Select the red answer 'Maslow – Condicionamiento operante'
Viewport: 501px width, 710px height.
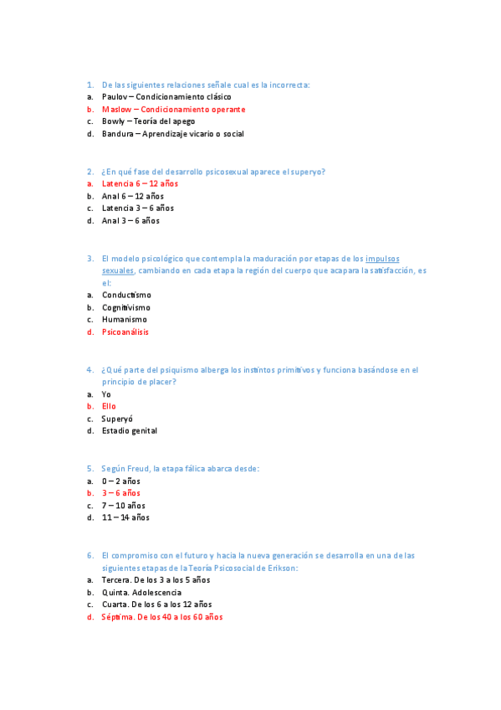coord(173,110)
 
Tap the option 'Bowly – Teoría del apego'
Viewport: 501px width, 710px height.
coord(148,121)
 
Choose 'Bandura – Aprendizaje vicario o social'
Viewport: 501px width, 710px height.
coord(172,134)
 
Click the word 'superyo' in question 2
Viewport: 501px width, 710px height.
coord(307,172)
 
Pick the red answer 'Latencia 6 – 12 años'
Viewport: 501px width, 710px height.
coord(140,183)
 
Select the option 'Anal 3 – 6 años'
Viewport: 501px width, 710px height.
coord(130,221)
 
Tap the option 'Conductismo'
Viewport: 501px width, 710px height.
coord(126,295)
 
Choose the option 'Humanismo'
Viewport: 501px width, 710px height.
coord(124,320)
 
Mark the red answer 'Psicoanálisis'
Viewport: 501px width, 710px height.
coord(125,332)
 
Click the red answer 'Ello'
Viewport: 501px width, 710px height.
coord(109,406)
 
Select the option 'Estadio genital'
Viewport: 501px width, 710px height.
coord(129,431)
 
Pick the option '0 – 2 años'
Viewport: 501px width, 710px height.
coord(120,481)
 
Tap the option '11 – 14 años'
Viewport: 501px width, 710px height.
coord(125,518)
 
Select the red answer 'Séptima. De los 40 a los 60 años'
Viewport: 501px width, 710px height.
coord(161,618)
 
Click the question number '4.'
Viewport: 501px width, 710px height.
coord(89,369)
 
